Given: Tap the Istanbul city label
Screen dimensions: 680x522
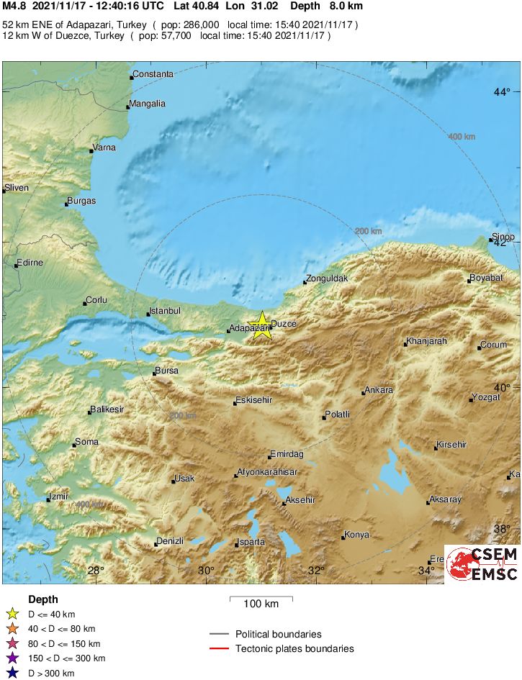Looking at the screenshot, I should [165, 311].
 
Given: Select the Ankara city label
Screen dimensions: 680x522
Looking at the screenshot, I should [379, 390].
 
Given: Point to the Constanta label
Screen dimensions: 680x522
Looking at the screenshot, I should [153, 74].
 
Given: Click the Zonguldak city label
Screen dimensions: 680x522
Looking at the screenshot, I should [328, 278].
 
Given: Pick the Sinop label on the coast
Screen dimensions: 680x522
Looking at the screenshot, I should [504, 237].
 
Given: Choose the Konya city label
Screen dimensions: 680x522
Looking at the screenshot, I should [357, 535].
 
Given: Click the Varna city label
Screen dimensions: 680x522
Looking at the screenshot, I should [104, 148].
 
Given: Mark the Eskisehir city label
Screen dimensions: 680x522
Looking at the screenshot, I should [256, 400].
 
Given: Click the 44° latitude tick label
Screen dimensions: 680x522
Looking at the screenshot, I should [501, 92].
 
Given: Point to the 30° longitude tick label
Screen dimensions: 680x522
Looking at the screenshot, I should [206, 571].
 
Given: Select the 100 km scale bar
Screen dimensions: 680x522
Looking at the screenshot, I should [261, 598].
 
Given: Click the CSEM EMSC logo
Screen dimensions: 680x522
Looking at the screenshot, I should [482, 563].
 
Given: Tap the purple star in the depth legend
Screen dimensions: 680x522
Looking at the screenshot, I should [12, 658].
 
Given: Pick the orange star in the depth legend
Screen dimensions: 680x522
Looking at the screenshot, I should [12, 629].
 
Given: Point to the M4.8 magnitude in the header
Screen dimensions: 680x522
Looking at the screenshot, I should [15, 6].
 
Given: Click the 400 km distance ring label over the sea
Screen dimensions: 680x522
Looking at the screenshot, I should [462, 136].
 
